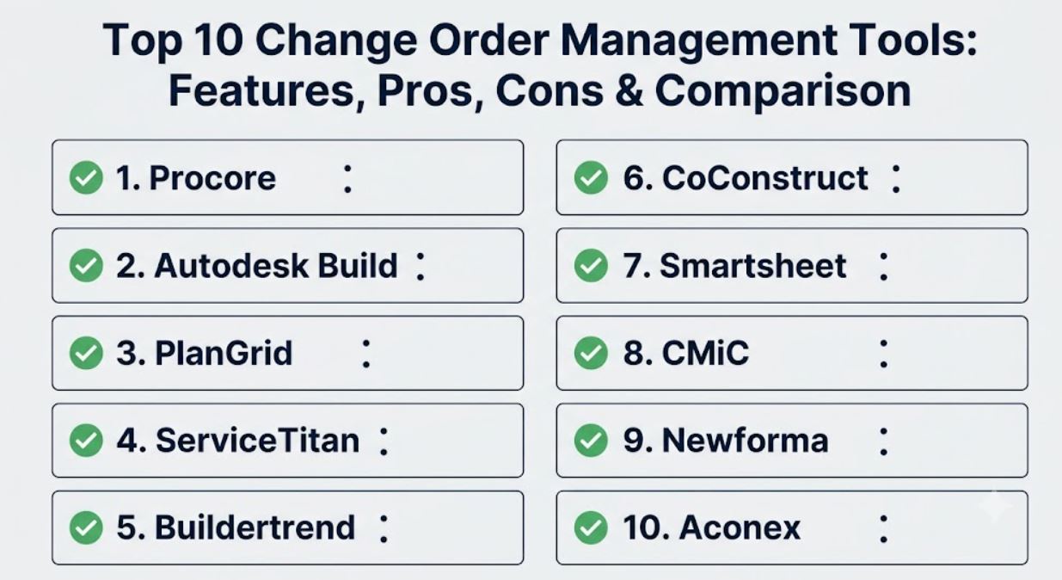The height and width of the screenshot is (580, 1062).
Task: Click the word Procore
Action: [212, 178]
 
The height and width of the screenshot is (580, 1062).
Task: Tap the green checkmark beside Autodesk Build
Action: [86, 265]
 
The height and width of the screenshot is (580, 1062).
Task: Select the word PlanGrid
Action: [224, 354]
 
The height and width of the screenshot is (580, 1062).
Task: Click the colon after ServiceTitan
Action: [384, 441]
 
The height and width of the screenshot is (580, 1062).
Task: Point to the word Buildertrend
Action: [255, 528]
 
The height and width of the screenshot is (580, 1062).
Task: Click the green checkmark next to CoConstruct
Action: [591, 177]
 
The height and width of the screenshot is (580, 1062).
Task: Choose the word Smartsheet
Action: [753, 266]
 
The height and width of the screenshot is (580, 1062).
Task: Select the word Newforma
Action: [745, 441]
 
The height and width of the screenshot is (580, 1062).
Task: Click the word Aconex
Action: [740, 528]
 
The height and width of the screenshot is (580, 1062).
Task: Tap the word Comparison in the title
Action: [783, 92]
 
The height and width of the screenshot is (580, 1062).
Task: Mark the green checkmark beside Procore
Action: [86, 177]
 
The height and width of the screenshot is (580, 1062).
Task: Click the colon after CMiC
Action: [883, 354]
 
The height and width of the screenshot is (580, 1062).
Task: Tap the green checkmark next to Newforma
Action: [591, 441]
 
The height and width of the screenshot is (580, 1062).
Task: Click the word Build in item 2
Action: [358, 266]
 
